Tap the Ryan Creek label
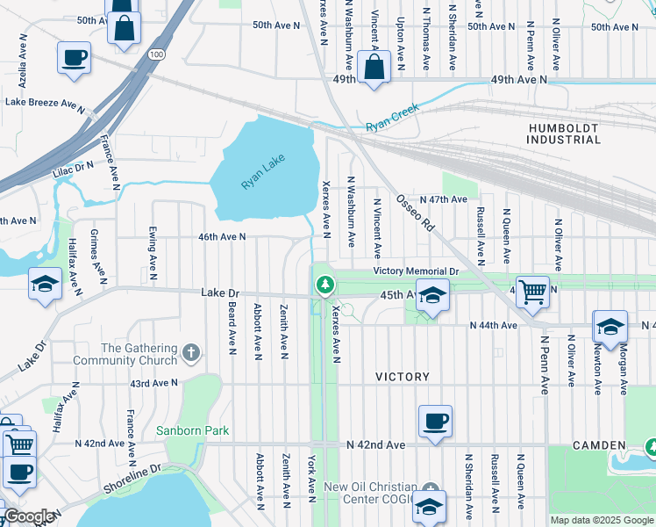tap(392, 117)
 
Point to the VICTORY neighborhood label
tap(403, 377)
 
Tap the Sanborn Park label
tap(192, 430)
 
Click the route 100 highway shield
tap(156, 54)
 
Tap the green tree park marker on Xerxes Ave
tap(324, 285)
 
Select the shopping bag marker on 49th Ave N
tap(374, 66)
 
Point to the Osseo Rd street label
tap(416, 213)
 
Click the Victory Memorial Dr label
tap(416, 271)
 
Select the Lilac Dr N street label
tap(72, 165)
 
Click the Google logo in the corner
tap(29, 516)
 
